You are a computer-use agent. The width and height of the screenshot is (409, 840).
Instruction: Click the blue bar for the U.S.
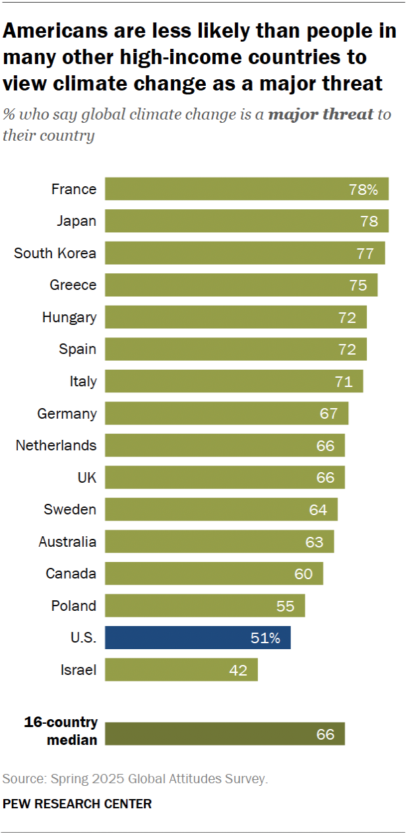tap(198, 638)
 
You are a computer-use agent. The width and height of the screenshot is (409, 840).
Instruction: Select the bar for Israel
tap(181, 670)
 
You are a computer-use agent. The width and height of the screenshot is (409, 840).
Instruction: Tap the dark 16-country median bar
tap(225, 734)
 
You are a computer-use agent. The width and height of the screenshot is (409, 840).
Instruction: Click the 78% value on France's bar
tap(363, 190)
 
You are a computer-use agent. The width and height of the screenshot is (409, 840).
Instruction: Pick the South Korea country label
tap(55, 253)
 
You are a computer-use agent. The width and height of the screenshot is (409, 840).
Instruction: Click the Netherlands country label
tap(56, 446)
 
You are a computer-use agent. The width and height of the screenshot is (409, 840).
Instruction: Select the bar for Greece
tap(241, 285)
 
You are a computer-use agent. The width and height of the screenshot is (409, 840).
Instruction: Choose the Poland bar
tap(205, 606)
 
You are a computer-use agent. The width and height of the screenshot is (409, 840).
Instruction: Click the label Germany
tap(67, 414)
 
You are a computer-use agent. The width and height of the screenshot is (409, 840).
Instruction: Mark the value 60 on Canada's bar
tap(303, 574)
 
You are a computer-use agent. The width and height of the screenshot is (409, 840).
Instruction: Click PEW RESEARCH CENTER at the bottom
tap(77, 804)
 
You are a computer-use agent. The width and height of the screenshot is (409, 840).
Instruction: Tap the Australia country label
tap(68, 542)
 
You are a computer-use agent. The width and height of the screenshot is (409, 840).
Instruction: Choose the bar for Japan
tap(247, 221)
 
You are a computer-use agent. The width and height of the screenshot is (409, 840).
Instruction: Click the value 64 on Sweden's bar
tap(318, 510)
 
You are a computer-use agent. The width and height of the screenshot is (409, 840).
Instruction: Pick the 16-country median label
tap(61, 731)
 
